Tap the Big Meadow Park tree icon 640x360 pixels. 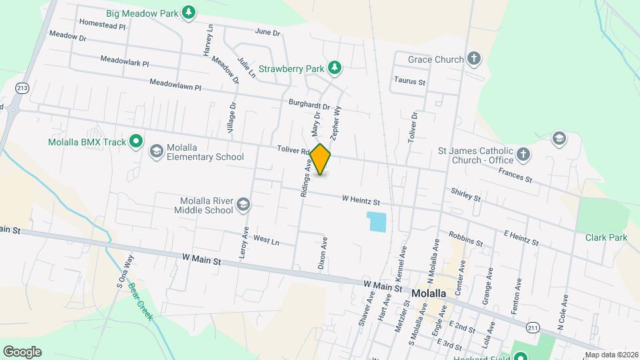189,11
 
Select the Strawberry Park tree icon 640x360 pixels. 335,67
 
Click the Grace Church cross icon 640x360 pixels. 474,59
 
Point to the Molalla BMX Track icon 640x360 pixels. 137,141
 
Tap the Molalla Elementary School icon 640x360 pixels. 157,151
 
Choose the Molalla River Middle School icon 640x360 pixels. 244,205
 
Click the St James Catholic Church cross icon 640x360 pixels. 524,155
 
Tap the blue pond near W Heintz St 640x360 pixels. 377,221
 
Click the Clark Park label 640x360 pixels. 606,237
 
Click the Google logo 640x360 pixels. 22,351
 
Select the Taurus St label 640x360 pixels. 409,81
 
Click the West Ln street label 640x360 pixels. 266,239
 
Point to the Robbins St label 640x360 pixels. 465,239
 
